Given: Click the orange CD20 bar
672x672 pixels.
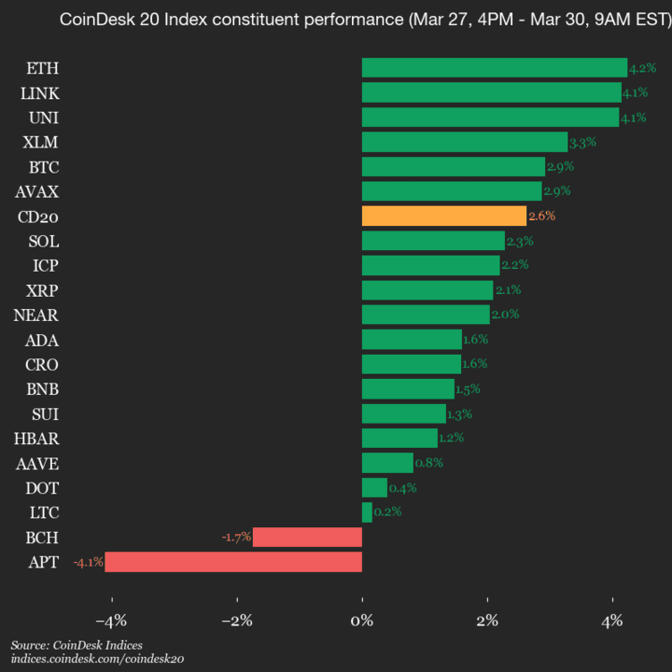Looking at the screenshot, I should pyautogui.click(x=443, y=216).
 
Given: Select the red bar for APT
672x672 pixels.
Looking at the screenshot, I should pyautogui.click(x=233, y=562).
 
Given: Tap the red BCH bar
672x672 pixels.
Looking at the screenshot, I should pyautogui.click(x=307, y=537).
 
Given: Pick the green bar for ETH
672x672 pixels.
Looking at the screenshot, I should pyautogui.click(x=494, y=68).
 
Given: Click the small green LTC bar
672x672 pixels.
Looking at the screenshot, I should pyautogui.click(x=367, y=512).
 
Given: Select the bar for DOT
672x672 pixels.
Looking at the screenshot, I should pyautogui.click(x=374, y=487).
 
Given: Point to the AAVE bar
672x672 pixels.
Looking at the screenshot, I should pyautogui.click(x=387, y=463).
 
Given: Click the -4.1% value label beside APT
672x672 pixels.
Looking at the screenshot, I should pyautogui.click(x=88, y=562).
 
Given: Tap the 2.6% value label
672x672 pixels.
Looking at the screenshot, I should pyautogui.click(x=542, y=216).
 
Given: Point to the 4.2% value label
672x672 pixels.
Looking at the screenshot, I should pyautogui.click(x=642, y=68).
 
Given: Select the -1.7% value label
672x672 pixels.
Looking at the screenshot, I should pyautogui.click(x=236, y=538).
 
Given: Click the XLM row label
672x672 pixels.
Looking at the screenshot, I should pyautogui.click(x=42, y=142).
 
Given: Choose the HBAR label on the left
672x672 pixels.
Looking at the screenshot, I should pyautogui.click(x=38, y=438).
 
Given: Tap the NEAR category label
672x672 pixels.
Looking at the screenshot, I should pyautogui.click(x=37, y=315).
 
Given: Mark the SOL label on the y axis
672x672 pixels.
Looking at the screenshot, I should pyautogui.click(x=44, y=241).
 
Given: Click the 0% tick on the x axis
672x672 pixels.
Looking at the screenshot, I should pyautogui.click(x=361, y=621).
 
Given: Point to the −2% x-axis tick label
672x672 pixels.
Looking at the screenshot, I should pyautogui.click(x=236, y=621).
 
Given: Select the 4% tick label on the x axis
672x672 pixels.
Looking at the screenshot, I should pyautogui.click(x=612, y=621).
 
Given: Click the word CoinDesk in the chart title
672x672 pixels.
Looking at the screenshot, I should pyautogui.click(x=93, y=19).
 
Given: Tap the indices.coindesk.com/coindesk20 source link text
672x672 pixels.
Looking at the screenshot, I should pyautogui.click(x=97, y=659).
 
